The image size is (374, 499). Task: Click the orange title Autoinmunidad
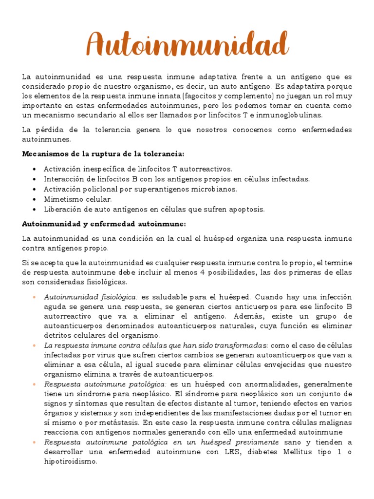click(x=187, y=45)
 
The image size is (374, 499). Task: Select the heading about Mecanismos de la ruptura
click(x=103, y=154)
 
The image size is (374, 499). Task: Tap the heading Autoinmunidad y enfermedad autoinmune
click(x=104, y=224)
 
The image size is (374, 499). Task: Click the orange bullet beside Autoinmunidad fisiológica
click(x=34, y=297)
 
